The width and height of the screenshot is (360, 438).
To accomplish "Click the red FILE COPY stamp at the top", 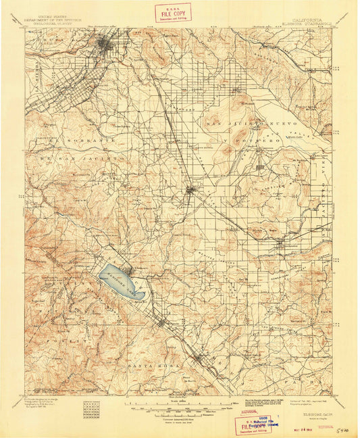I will tap(173, 12).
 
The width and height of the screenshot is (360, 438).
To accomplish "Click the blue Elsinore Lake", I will tap(122, 281).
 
